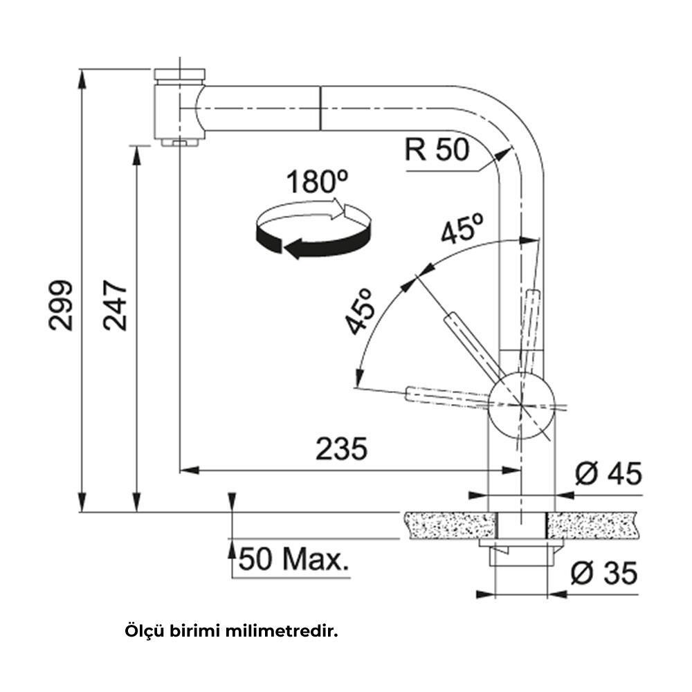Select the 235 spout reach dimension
340,449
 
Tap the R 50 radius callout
437,149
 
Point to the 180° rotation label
318,183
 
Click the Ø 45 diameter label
608,474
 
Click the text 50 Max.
292,560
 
